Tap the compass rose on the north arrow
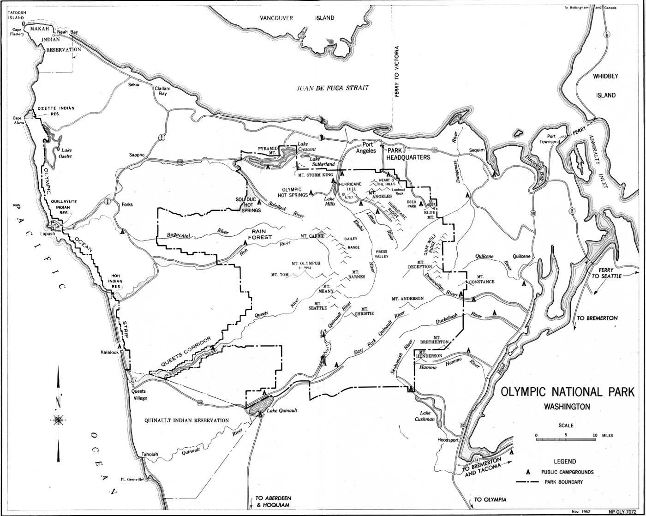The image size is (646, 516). [x=58, y=420]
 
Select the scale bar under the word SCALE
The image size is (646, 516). [x=566, y=440]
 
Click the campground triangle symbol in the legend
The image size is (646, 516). [x=527, y=473]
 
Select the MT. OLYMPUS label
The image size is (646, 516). [x=305, y=264]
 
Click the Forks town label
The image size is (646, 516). [x=127, y=204]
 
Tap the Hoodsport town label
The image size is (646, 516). [x=448, y=440]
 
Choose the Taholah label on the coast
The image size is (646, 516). [x=150, y=454]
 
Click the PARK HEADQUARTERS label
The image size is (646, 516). [x=408, y=154]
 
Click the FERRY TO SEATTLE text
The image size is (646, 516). [x=606, y=273]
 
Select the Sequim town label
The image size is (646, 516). [x=477, y=150]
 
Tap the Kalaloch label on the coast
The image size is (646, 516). [x=110, y=352]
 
